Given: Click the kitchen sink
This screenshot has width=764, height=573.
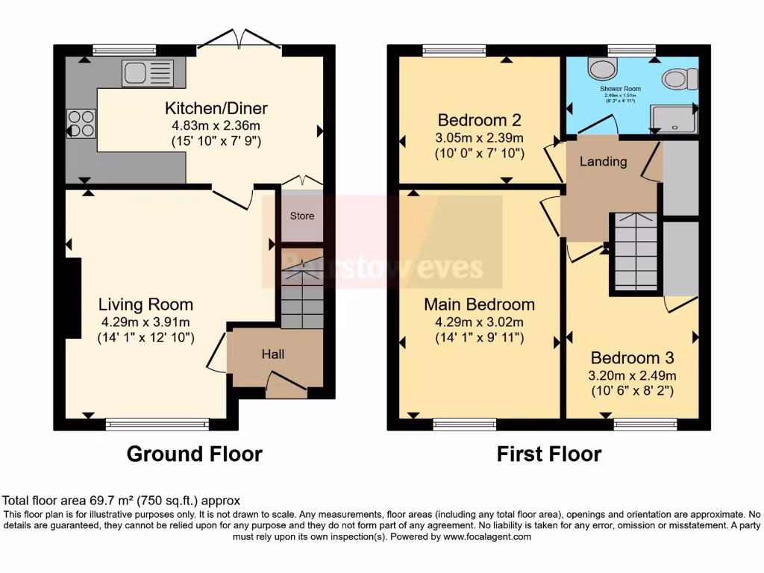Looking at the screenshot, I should click(x=147, y=73).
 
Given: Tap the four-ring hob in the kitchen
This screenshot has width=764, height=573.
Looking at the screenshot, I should click(x=81, y=124).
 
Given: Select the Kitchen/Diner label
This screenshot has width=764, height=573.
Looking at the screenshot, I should click(x=216, y=108).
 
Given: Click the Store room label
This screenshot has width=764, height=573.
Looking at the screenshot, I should click(x=301, y=216).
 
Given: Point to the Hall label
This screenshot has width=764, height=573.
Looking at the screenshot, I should click(x=273, y=354).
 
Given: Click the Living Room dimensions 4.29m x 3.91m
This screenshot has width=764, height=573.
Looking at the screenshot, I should click(x=145, y=322).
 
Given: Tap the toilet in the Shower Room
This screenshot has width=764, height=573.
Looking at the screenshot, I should click(x=682, y=78).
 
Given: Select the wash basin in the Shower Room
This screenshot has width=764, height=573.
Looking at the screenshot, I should click(x=598, y=69).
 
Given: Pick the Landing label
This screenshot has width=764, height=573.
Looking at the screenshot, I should click(x=603, y=161).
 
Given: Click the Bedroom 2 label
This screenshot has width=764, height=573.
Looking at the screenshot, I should click(x=479, y=120).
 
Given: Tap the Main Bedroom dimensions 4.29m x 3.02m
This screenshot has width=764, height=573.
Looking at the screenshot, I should click(x=479, y=322).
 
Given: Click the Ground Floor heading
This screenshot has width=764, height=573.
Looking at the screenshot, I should click(x=194, y=454).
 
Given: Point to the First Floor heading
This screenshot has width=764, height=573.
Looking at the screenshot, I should click(x=549, y=454).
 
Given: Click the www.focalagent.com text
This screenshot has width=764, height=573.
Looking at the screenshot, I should click(x=487, y=536).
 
